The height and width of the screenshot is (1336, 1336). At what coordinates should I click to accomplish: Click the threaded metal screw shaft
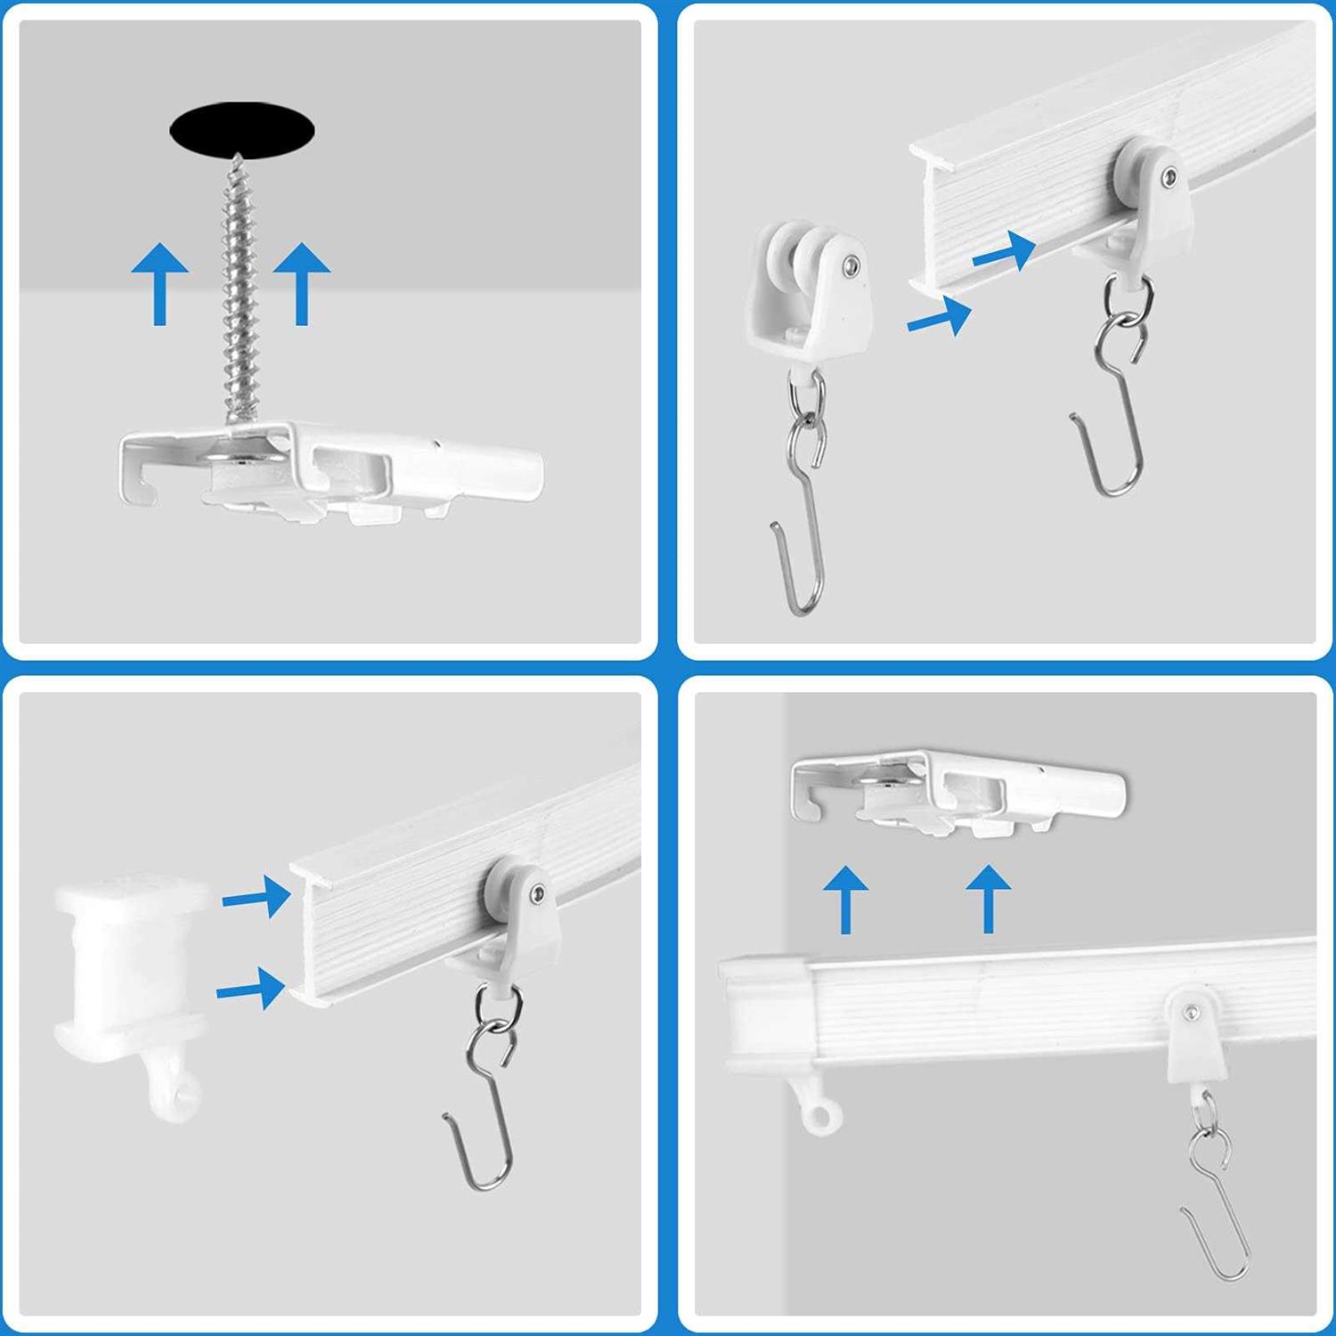(239, 294)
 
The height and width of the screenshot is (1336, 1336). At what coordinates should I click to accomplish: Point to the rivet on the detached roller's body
(851, 265)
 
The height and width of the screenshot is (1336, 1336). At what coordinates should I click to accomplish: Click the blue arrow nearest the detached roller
(939, 317)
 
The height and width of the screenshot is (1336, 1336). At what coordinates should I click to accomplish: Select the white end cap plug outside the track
(129, 962)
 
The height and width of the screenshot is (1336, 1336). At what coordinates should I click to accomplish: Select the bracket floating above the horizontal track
(957, 793)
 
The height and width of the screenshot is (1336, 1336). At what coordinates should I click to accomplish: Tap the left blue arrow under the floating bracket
(845, 900)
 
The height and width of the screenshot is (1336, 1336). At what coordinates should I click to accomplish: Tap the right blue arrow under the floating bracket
(988, 900)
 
